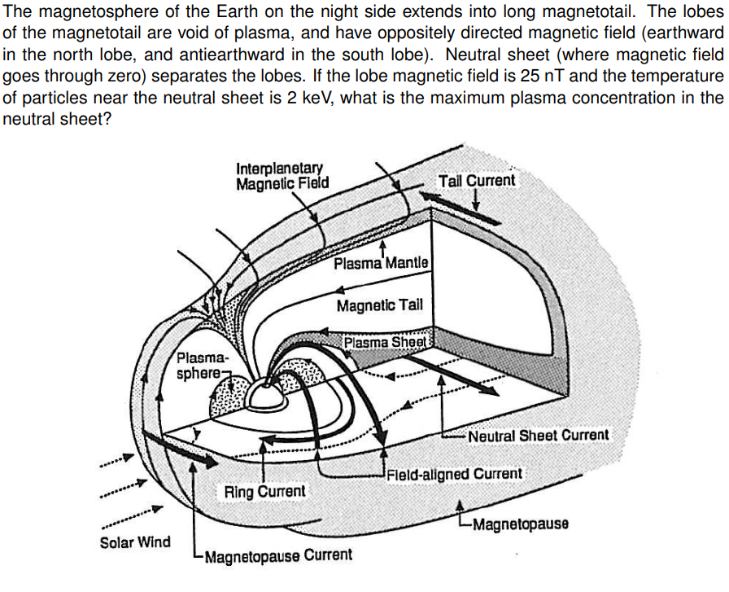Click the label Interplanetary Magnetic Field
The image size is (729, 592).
coord(282,176)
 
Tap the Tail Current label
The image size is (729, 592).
coord(476,180)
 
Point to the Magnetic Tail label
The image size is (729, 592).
coord(379,305)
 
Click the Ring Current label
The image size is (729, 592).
coord(265,491)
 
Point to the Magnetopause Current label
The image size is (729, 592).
coord(278,555)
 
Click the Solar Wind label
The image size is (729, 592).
coord(135,542)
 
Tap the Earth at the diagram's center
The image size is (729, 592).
coord(266,395)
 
